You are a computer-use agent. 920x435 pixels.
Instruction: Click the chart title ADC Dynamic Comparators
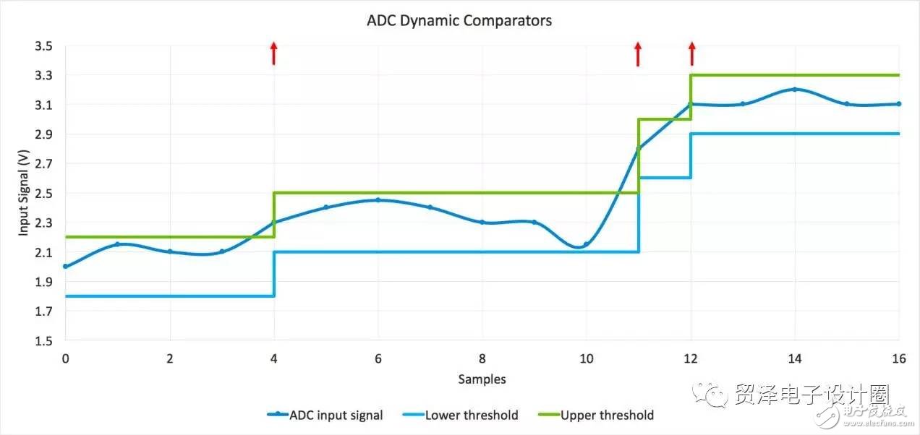tap(459, 21)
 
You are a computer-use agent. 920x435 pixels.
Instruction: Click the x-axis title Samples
tap(482, 379)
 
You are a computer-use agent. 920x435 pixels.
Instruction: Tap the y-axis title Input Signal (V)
tap(23, 194)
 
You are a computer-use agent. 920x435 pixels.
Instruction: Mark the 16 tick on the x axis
tap(899, 358)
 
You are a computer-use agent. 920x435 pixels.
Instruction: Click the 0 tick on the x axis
tap(65, 358)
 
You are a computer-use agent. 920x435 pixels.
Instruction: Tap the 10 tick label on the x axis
tap(586, 358)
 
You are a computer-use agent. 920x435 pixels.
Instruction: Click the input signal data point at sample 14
tap(795, 90)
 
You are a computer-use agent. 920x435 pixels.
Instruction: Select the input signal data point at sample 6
tap(378, 200)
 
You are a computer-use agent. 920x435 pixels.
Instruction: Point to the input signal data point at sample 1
tap(117, 244)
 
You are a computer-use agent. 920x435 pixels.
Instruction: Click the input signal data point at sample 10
tap(586, 244)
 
